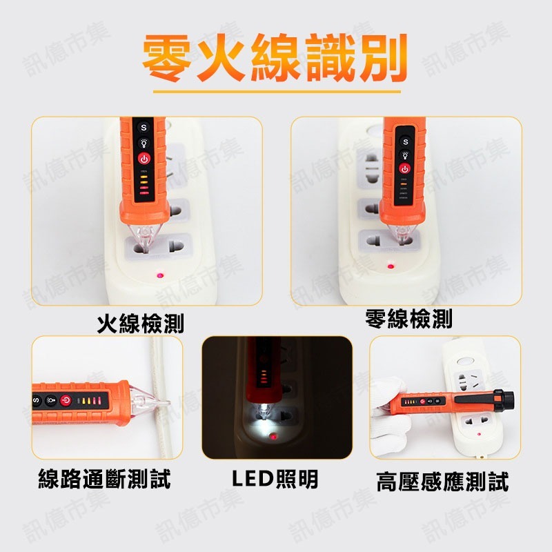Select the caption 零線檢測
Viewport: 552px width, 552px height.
point(408,319)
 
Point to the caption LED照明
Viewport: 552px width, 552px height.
point(275,479)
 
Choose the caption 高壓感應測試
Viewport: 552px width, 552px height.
point(442,481)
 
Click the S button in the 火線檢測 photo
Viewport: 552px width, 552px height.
point(144,127)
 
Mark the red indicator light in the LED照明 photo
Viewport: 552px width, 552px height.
point(274,437)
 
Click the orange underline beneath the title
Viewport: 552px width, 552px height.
point(276,89)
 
